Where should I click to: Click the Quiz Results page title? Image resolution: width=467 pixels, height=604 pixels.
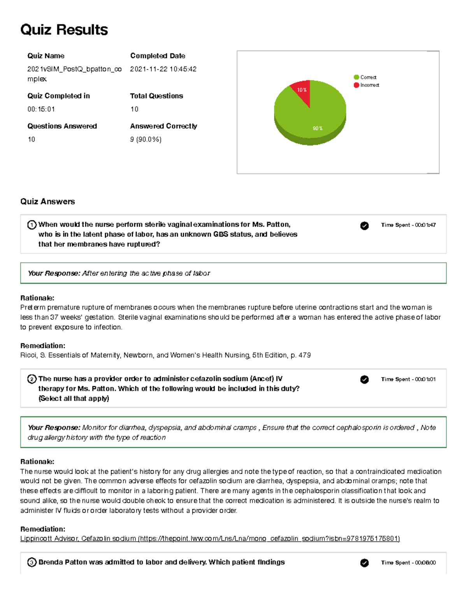pos(64,30)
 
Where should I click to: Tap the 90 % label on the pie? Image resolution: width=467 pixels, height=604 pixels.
pos(318,128)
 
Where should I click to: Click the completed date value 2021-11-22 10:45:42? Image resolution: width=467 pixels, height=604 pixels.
pos(163,69)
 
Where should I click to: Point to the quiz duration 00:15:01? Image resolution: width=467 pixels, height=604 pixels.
pos(41,109)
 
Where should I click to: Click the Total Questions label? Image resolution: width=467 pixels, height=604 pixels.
pos(156,96)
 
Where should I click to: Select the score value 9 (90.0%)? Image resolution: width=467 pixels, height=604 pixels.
pos(146,139)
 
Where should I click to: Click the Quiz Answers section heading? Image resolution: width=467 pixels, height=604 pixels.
pos(47,201)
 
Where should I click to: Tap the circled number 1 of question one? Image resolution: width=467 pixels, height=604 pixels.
pos(32,225)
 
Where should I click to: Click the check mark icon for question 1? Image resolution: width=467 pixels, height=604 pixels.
pos(364,226)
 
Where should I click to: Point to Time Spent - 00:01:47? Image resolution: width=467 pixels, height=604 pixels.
pos(408,225)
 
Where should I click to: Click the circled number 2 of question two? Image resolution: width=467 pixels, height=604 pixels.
pos(32,379)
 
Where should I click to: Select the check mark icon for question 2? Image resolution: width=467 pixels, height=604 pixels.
pos(364,380)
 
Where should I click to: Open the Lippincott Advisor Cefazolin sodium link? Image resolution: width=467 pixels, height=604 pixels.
pos(210,539)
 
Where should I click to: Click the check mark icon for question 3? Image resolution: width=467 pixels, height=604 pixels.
pos(364,563)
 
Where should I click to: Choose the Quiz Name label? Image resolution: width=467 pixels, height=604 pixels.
pos(46,56)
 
